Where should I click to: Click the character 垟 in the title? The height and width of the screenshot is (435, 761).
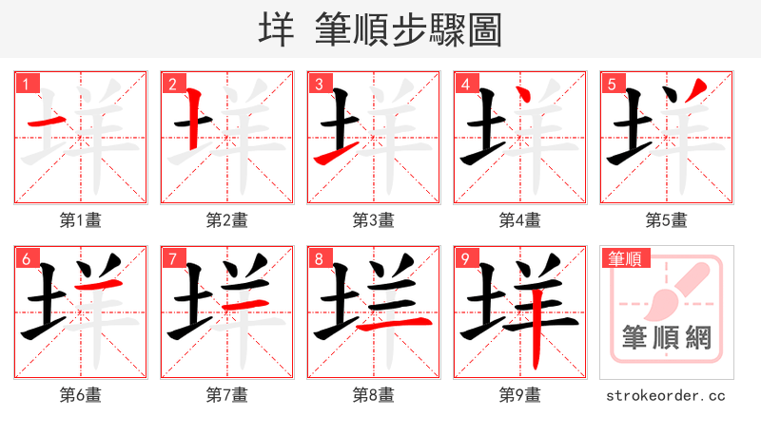coord(277,30)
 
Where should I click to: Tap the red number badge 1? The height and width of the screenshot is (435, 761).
coord(25,84)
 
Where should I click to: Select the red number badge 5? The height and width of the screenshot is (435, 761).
coord(611,84)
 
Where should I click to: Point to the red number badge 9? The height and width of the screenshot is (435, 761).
coord(464,258)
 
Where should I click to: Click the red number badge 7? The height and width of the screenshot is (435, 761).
coord(171,258)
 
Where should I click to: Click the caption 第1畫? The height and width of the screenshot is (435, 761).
coord(80,220)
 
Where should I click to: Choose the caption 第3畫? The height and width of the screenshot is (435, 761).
coord(373,220)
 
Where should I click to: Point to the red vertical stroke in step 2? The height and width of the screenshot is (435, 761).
coord(193,122)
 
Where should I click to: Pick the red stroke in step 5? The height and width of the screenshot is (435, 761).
coord(698,92)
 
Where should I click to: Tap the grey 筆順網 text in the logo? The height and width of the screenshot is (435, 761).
coord(666,338)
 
